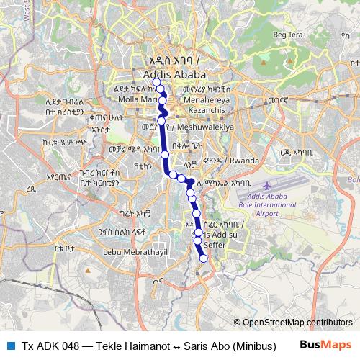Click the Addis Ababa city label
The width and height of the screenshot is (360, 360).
click(174, 75)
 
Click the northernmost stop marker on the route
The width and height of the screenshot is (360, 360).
click(156, 82)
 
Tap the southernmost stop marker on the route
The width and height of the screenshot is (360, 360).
click(203, 258)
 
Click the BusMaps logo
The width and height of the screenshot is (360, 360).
click(325, 345)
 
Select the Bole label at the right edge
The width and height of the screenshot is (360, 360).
click(352, 179)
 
